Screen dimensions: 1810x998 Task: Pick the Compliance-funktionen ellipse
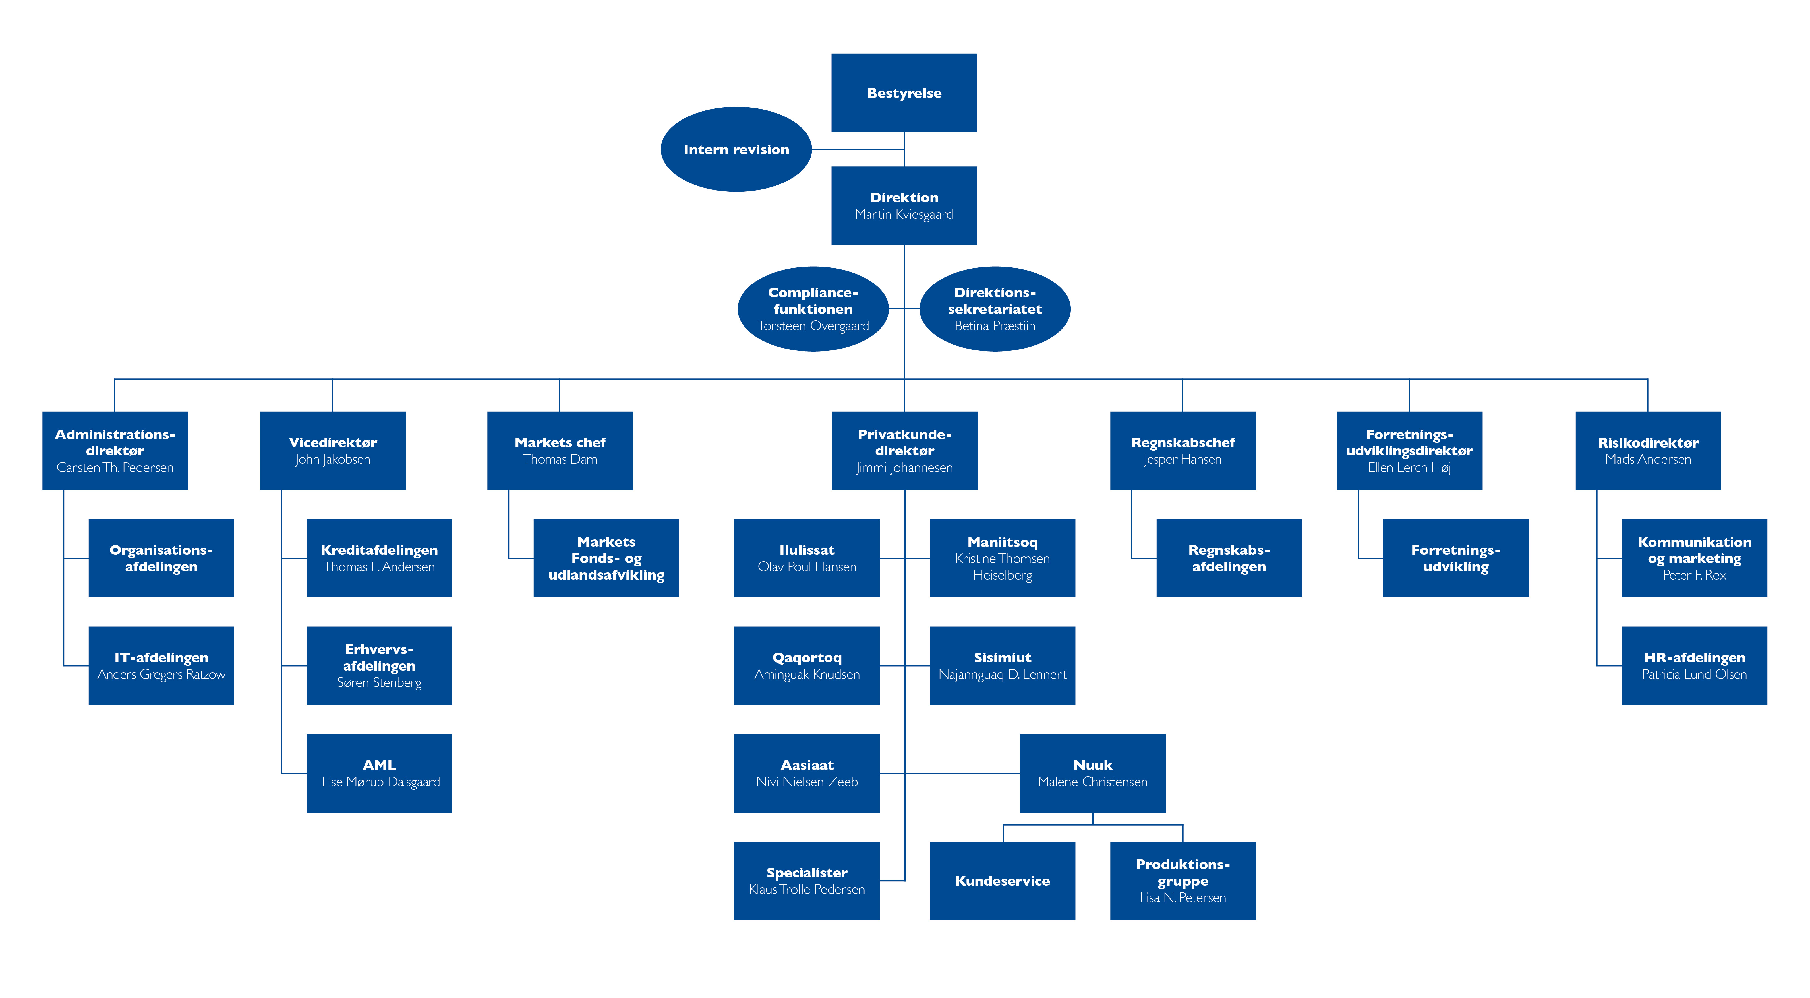tap(813, 309)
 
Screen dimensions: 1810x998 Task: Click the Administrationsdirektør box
tap(115, 451)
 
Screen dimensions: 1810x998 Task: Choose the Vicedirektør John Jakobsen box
tap(333, 451)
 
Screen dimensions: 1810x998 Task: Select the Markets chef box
tap(560, 451)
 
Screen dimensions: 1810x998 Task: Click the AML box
tap(379, 773)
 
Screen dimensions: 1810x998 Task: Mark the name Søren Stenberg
tap(379, 682)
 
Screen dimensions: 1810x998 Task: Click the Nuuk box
tap(1093, 773)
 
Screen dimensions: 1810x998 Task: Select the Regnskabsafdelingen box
tap(1229, 558)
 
